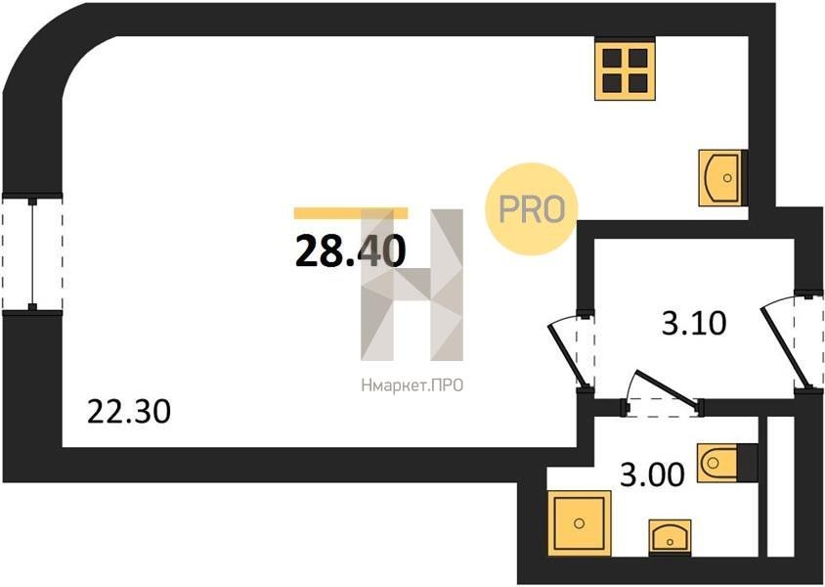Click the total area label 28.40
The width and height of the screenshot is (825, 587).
350,251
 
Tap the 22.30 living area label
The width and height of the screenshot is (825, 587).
129,411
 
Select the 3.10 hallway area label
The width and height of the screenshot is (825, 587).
694,323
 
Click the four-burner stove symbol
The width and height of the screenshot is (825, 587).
625,70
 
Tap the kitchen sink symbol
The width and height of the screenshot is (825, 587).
720,177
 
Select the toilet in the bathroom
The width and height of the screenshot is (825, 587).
717,463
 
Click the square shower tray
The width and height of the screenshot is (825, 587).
580,522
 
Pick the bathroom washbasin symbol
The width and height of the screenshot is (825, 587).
670,536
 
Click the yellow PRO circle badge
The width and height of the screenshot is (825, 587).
532,209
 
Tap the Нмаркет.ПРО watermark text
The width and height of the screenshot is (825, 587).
412,385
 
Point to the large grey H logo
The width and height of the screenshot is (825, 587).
412,285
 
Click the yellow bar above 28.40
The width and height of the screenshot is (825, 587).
350,212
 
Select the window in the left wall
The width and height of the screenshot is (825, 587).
32,253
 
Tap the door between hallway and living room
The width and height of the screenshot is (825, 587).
572,350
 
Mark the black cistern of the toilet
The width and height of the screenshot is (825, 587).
747,463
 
